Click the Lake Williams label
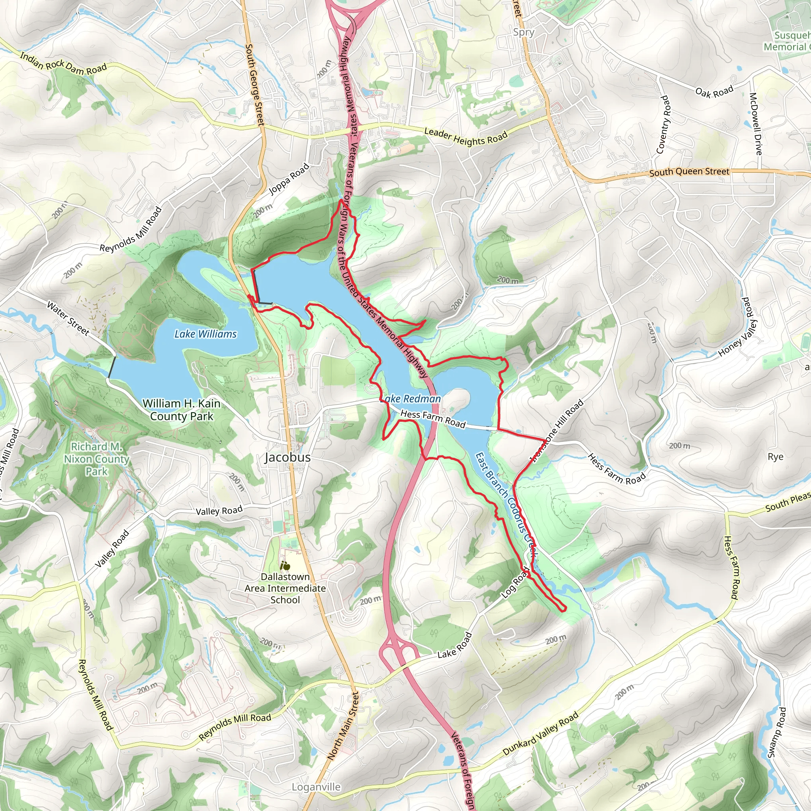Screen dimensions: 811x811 [205, 334]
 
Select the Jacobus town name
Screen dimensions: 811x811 [287, 457]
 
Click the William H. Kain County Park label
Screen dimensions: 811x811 [181, 410]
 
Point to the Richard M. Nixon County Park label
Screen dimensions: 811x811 [97, 459]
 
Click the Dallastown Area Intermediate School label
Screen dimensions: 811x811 [285, 588]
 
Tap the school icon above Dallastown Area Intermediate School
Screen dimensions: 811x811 [286, 565]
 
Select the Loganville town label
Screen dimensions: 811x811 [316, 787]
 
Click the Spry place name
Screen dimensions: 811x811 [524, 32]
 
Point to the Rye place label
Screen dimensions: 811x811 [775, 457]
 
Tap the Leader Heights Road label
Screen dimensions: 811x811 [466, 137]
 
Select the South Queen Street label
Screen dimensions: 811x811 [689, 172]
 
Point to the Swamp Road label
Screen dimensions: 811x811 [777, 733]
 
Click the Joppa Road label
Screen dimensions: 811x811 [289, 179]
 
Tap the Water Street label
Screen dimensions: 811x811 [68, 319]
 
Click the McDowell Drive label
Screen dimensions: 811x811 [756, 124]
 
